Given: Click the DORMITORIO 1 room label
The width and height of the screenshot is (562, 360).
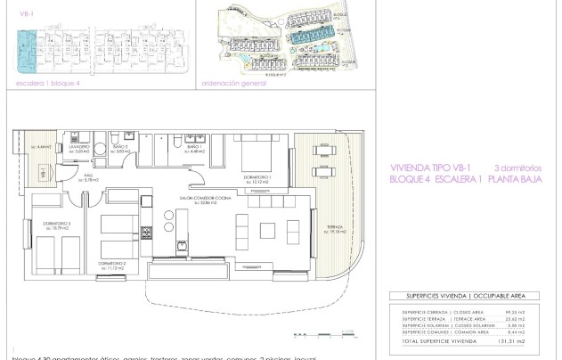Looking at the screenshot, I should point(258,176).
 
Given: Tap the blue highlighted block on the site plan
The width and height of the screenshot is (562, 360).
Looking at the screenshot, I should point(313,36).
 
